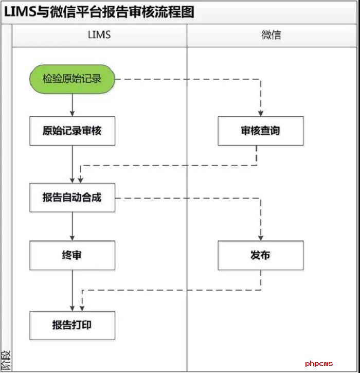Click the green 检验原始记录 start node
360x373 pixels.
coord(72,79)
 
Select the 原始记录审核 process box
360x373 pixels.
coord(72,131)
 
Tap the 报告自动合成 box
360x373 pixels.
coord(72,197)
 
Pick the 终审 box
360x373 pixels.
coord(72,255)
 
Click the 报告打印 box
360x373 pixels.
coord(72,325)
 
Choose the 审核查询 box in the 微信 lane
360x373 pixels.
coord(260,131)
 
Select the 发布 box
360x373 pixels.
coord(260,255)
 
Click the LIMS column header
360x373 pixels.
coord(99,35)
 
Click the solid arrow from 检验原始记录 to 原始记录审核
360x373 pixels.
coord(72,105)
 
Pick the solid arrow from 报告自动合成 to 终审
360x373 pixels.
coord(72,226)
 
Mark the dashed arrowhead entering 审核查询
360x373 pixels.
coord(261,113)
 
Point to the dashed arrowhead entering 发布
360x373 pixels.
coord(261,237)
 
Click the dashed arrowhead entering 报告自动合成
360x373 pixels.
coord(80,180)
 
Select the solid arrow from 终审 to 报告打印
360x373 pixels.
coord(72,290)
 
